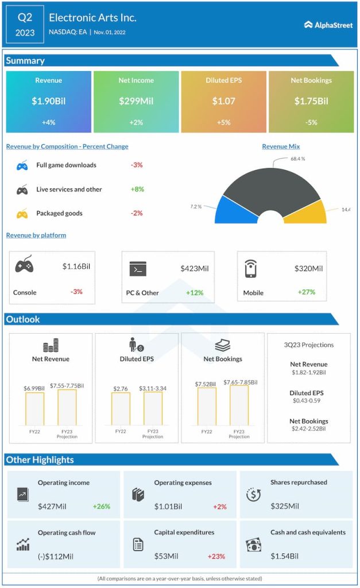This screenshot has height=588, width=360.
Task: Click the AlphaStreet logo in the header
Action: (x=328, y=25)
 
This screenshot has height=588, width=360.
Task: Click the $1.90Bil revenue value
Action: (x=49, y=101)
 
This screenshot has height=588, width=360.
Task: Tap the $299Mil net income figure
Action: (x=136, y=101)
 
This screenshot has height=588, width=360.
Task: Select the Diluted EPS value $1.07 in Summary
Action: (x=223, y=101)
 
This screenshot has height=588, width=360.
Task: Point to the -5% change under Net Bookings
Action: (x=311, y=122)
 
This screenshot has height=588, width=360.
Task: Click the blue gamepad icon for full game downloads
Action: (x=22, y=165)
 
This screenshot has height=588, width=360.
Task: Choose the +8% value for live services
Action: (x=137, y=189)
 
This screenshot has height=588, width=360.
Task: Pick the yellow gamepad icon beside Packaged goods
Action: (x=22, y=214)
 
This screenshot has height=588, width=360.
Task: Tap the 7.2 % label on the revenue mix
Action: (x=196, y=206)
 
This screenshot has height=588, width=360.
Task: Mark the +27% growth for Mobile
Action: (x=306, y=292)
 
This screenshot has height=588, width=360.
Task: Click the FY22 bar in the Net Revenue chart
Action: (x=34, y=408)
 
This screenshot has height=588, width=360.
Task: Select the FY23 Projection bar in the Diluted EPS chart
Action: (x=153, y=408)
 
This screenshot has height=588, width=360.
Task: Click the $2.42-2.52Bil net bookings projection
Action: (x=308, y=429)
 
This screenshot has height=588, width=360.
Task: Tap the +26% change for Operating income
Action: (x=102, y=506)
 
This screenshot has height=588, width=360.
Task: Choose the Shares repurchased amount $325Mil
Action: (x=285, y=506)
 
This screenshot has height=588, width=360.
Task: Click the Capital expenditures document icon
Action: (x=138, y=544)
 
